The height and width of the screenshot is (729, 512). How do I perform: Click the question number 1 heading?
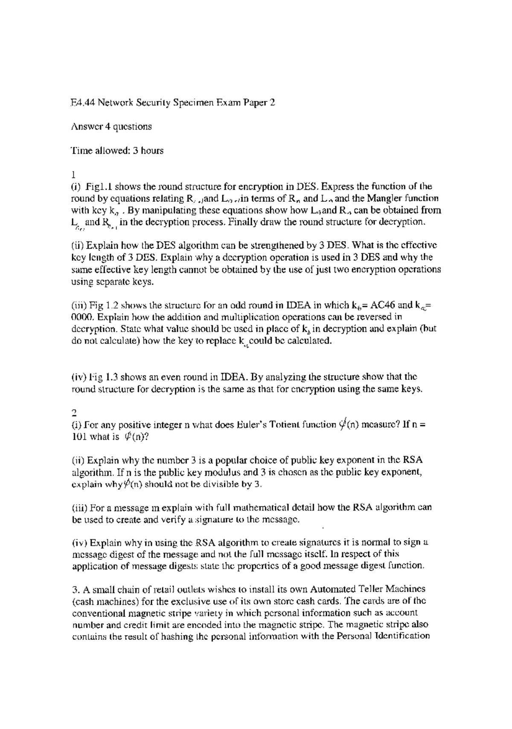[x=73, y=174]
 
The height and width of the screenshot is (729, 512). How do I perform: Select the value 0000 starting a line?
[x=80, y=317]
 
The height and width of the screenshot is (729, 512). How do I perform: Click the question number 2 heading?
[x=73, y=412]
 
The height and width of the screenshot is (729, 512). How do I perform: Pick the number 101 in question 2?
[x=79, y=436]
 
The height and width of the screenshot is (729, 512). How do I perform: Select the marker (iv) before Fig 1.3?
[x=79, y=377]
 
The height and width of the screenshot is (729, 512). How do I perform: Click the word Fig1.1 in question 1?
[x=99, y=186]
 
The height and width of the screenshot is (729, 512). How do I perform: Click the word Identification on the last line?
[x=401, y=636]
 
